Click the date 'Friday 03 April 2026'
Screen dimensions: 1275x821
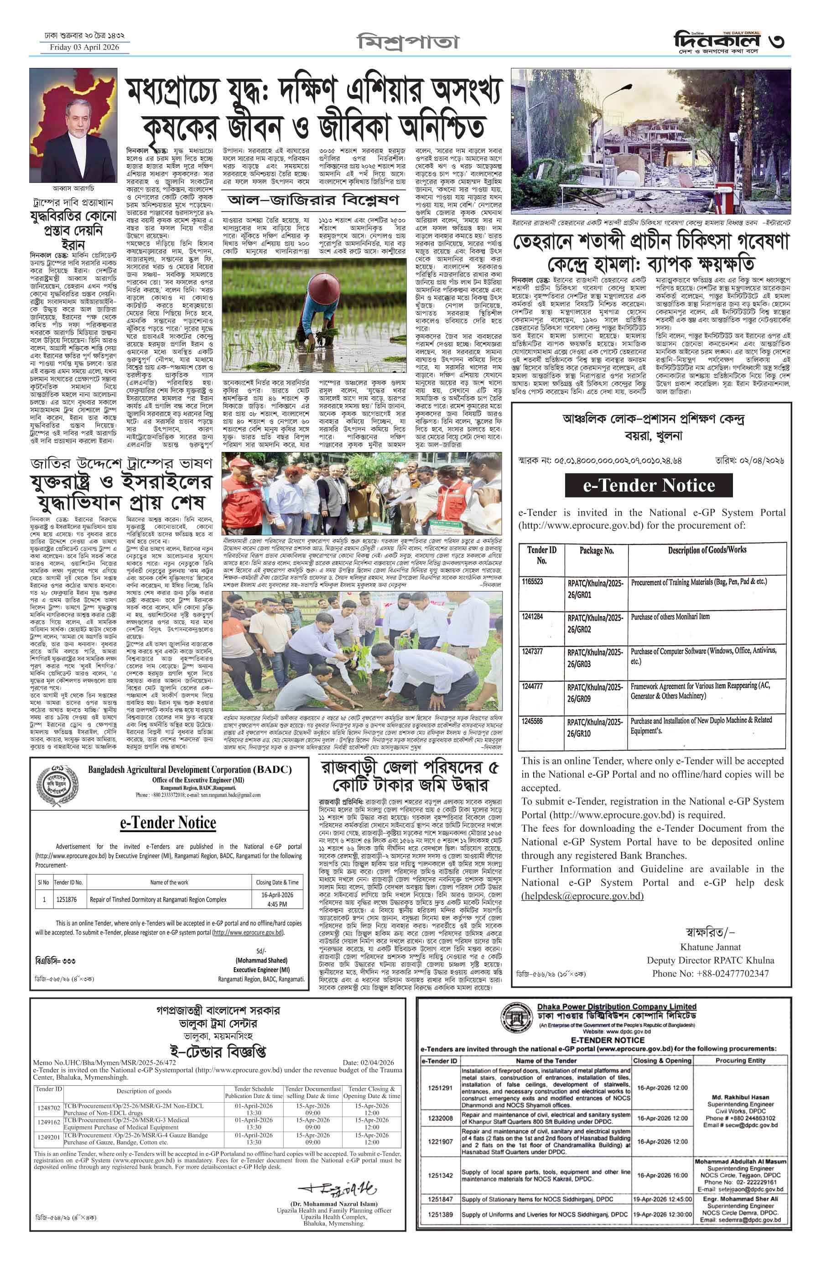tap(84, 47)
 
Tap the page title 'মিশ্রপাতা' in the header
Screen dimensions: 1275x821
tap(407, 41)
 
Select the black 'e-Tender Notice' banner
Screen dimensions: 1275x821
tap(648, 485)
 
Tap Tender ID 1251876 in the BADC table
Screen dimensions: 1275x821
tap(66, 899)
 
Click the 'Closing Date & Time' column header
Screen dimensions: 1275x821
tap(277, 882)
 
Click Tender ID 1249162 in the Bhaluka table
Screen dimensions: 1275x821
tap(48, 1123)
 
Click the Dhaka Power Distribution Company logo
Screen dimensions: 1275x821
tap(517, 1016)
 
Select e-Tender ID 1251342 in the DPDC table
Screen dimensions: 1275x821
tap(440, 1175)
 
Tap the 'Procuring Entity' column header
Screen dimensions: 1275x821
tap(741, 1061)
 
